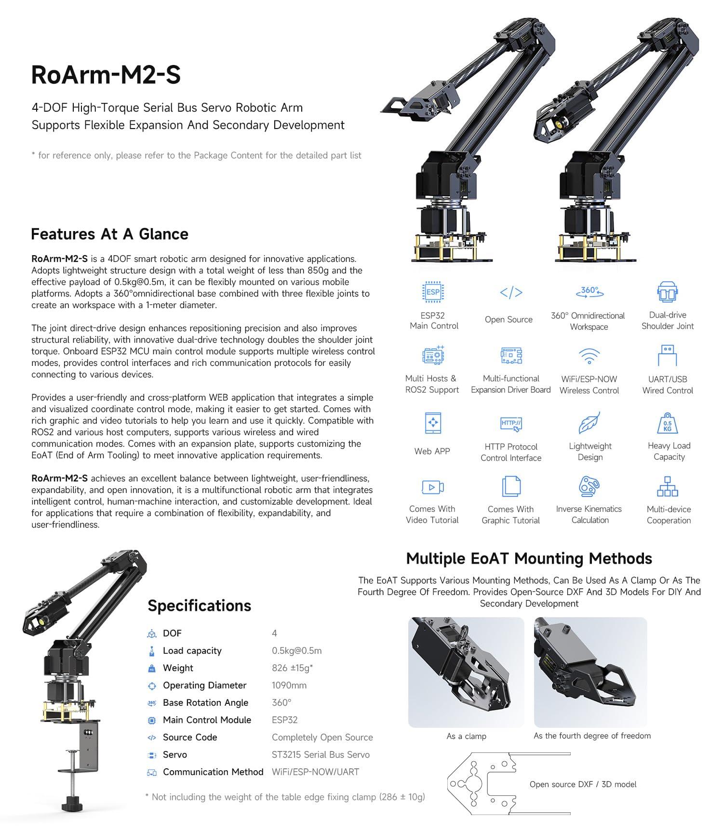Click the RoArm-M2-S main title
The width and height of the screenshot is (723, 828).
(x=106, y=75)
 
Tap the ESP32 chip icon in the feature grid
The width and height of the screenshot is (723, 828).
(x=433, y=292)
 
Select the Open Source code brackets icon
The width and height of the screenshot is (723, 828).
(x=511, y=292)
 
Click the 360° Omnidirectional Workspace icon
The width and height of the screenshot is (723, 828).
(x=589, y=291)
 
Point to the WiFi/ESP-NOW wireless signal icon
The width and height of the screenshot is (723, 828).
(x=589, y=356)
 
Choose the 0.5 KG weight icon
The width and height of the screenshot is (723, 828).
(x=668, y=424)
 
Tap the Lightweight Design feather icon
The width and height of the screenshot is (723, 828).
(x=589, y=423)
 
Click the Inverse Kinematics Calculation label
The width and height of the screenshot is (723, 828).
(x=589, y=515)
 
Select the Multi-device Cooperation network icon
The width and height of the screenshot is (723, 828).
(x=668, y=487)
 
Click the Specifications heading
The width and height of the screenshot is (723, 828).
(x=199, y=606)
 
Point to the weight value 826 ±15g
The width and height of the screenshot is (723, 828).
(x=292, y=668)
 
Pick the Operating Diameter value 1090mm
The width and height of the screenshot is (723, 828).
(x=289, y=685)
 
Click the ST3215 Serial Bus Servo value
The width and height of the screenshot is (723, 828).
(x=321, y=754)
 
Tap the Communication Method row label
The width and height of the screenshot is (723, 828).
(x=213, y=772)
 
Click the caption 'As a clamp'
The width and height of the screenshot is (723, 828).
(x=466, y=736)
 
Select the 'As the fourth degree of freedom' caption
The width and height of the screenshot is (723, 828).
(x=592, y=736)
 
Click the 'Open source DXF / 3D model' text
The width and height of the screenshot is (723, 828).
(x=583, y=784)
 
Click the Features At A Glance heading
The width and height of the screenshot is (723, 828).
(x=109, y=234)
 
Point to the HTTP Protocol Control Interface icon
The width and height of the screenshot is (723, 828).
(x=511, y=424)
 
